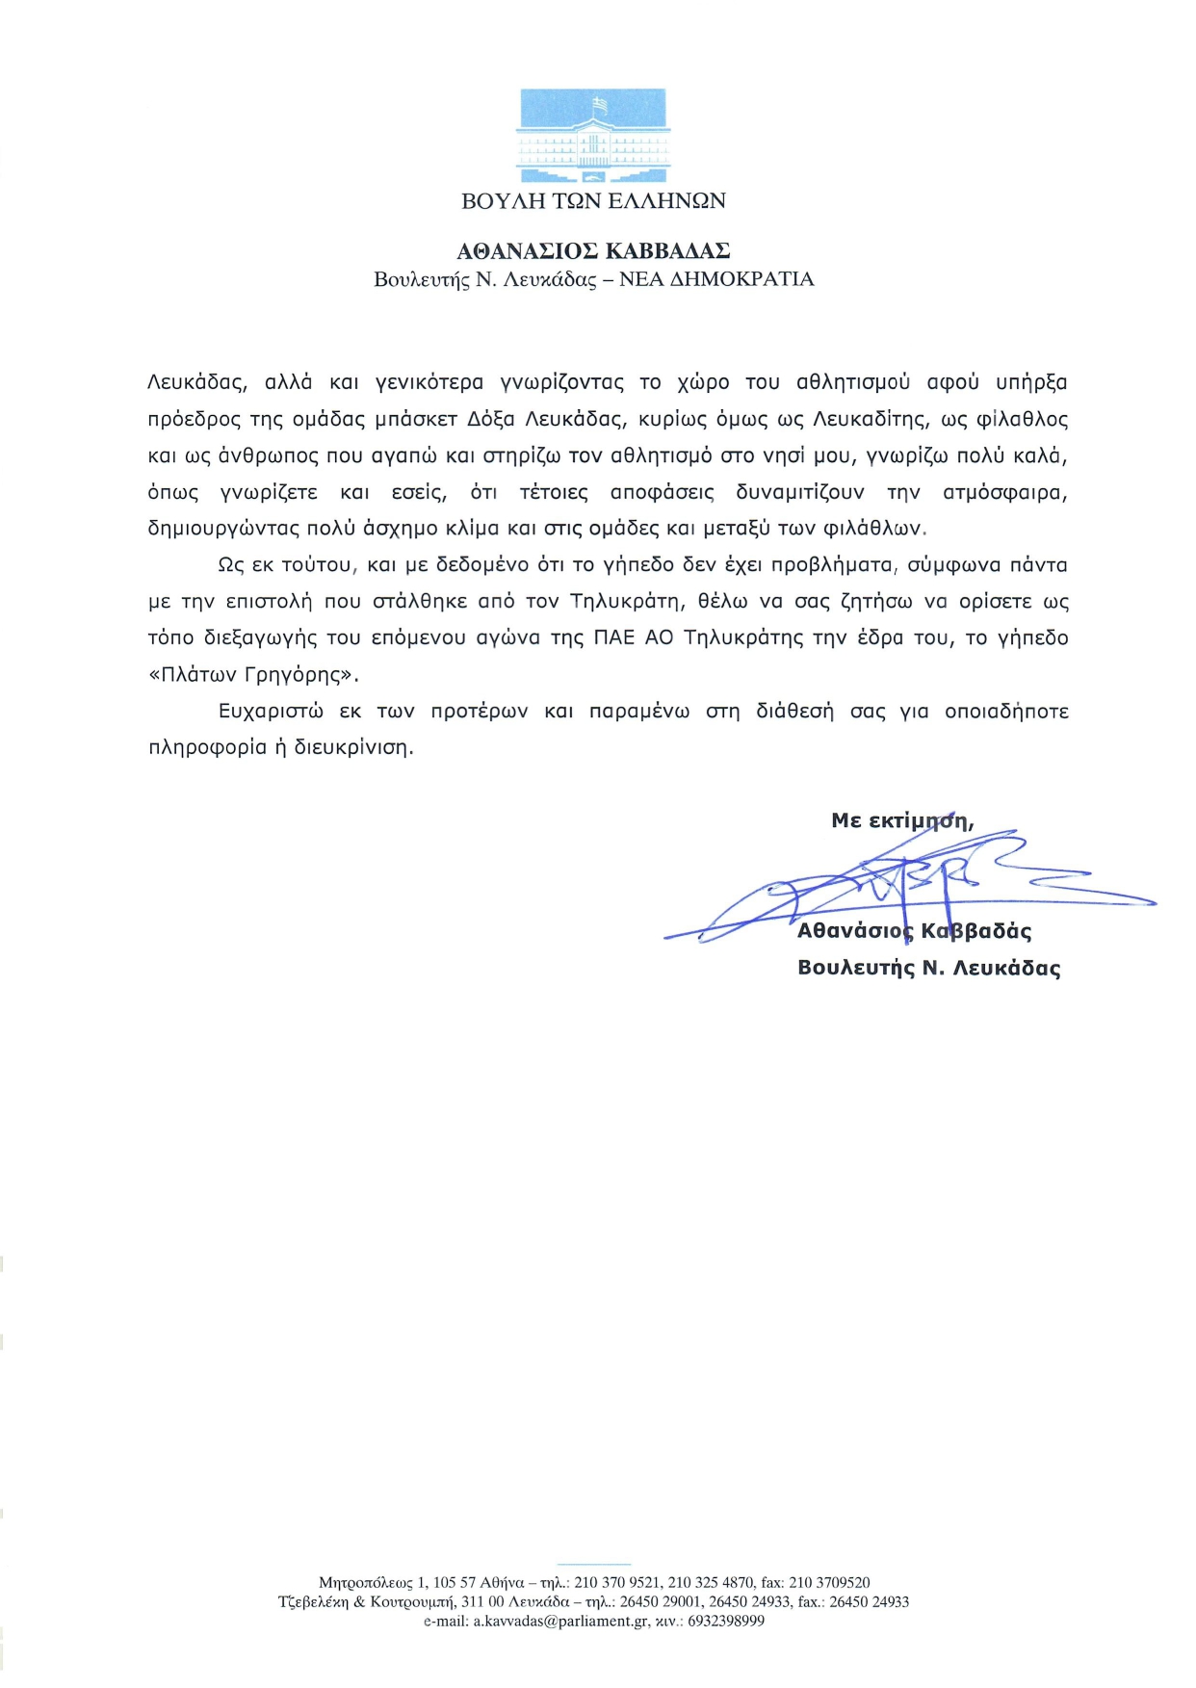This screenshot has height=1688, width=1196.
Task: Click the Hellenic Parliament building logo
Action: point(593,136)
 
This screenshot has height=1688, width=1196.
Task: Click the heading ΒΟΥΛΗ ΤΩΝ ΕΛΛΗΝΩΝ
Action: point(593,201)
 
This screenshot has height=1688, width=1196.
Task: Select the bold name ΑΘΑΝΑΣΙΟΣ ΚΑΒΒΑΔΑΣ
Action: point(593,251)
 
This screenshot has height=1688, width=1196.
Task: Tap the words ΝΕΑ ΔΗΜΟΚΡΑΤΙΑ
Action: point(716,279)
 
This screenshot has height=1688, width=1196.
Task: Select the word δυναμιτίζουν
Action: point(800,493)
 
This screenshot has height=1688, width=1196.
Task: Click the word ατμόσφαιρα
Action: point(1005,493)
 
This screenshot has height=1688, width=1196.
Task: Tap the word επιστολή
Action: point(269,602)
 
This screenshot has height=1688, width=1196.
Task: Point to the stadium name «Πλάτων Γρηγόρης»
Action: point(253,675)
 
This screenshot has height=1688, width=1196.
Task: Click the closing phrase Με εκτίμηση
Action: point(901,821)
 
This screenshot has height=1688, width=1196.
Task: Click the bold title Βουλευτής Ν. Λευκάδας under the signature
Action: point(928,969)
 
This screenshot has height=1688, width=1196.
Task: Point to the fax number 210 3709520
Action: point(829,1582)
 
